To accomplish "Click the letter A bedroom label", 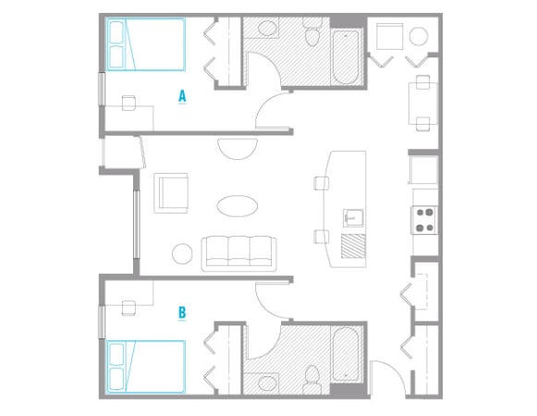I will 183,94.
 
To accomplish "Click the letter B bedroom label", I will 182,312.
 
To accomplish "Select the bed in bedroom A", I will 146,45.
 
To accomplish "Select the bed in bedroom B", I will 146,365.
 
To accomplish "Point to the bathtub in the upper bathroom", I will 347,57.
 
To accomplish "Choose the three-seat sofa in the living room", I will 239,251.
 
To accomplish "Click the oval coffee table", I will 238,205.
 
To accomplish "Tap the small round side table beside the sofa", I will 182,251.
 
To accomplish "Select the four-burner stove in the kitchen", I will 423,218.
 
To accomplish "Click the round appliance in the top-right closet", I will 419,38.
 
